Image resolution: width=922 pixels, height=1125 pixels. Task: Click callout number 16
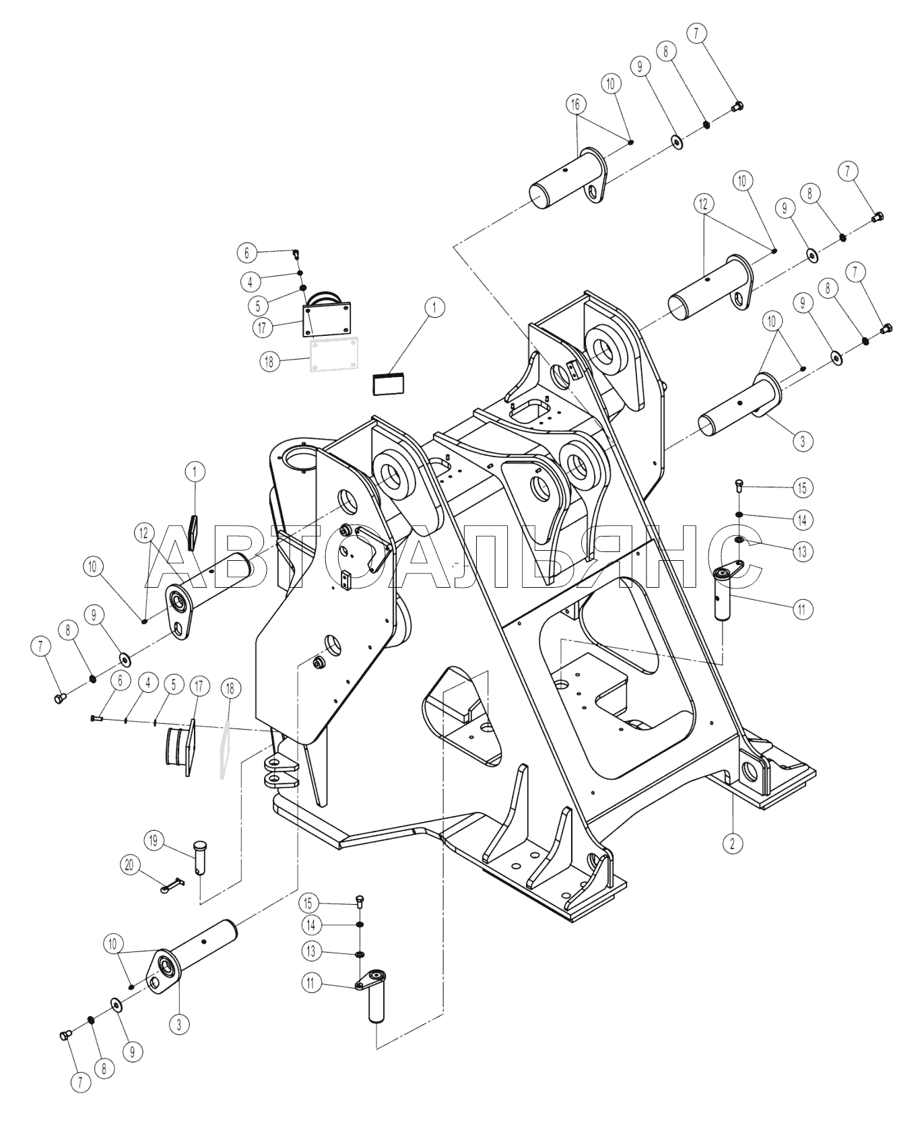point(575,104)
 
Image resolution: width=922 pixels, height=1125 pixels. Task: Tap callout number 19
point(154,840)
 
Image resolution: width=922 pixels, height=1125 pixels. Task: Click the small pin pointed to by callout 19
point(200,858)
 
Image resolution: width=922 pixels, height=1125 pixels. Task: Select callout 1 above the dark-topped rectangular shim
point(434,308)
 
